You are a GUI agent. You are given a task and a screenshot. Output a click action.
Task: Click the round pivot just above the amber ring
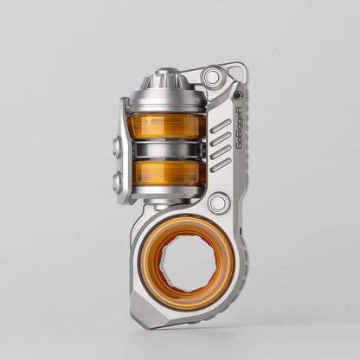coord(219,204)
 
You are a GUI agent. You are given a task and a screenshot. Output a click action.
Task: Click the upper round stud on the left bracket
coord(118,147)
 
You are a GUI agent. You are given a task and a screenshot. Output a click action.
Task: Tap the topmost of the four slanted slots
coord(221,125)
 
